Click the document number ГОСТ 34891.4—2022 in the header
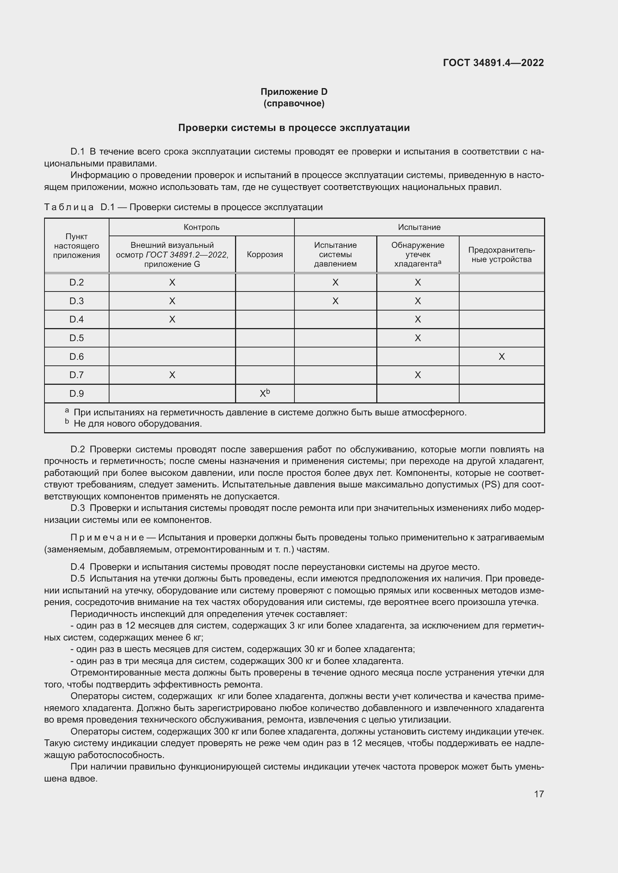coord(493,63)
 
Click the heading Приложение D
coord(294,92)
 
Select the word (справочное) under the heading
coord(294,103)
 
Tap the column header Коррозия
coord(265,255)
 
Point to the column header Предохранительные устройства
coord(501,255)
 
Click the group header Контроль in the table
coord(201,227)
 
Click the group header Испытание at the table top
coord(419,227)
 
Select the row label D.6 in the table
coord(77,356)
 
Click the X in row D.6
coord(501,357)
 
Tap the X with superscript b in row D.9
coord(264,393)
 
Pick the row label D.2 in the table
coord(77,282)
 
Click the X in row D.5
coord(417,338)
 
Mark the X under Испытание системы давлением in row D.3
coord(335,301)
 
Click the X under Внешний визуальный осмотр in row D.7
coord(172,375)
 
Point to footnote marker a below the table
coord(67,411)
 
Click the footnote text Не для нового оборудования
coord(137,424)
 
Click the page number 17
coord(538,794)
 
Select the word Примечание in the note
coord(107,537)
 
